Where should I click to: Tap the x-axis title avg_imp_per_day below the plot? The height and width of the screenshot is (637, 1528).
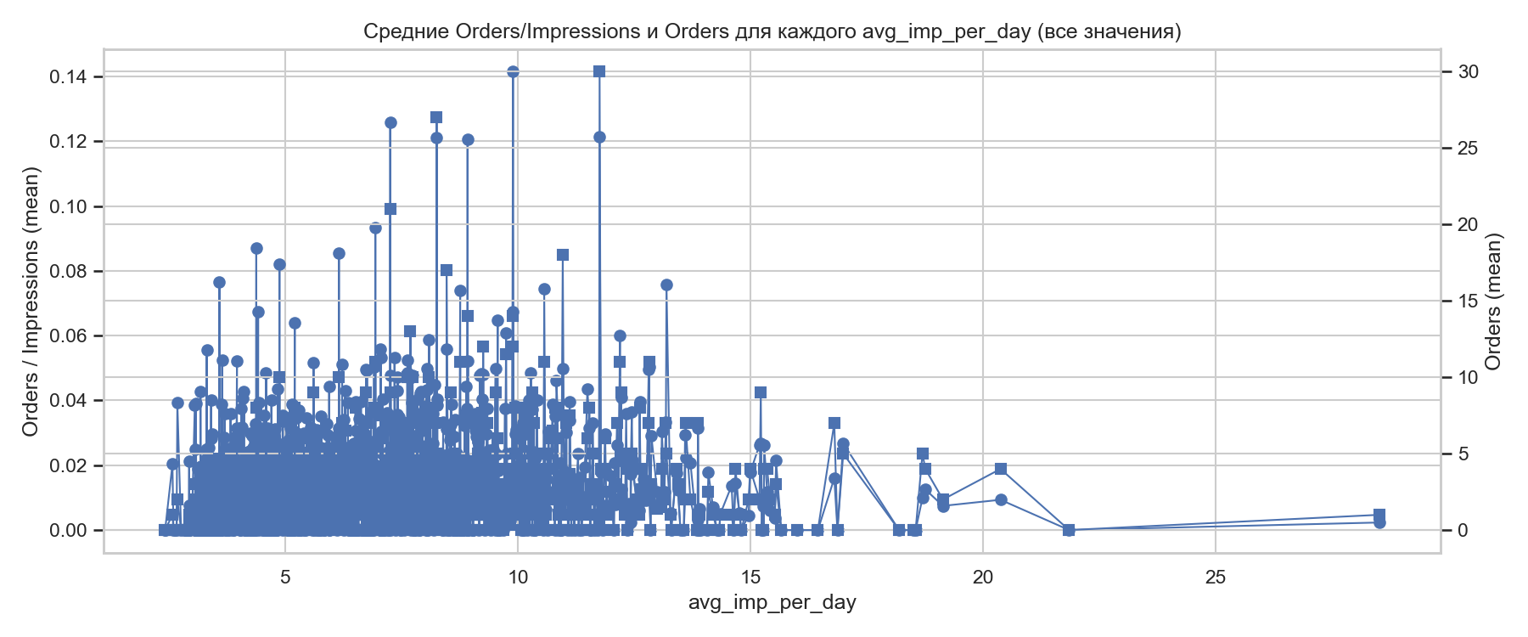point(772,602)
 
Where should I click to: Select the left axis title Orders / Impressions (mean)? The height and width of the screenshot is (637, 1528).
point(31,302)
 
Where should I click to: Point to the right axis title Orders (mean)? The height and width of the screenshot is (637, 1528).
point(1493,302)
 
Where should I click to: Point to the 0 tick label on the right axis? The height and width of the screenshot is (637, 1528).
point(1463,531)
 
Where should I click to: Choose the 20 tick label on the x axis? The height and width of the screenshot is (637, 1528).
point(983,578)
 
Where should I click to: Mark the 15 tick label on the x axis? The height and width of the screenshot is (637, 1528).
point(750,578)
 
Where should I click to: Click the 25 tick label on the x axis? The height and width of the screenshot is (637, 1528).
point(1216,578)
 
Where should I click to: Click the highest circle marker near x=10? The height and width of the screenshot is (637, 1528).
point(513,71)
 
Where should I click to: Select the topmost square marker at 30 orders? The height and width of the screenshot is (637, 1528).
point(599,71)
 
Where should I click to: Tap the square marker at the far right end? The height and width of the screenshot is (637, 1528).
point(1379,515)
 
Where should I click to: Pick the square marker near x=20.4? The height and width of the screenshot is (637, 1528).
point(1001,469)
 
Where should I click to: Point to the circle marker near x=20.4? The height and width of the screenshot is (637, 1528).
point(1001,499)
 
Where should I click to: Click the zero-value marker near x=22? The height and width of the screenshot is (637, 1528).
point(1069,530)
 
